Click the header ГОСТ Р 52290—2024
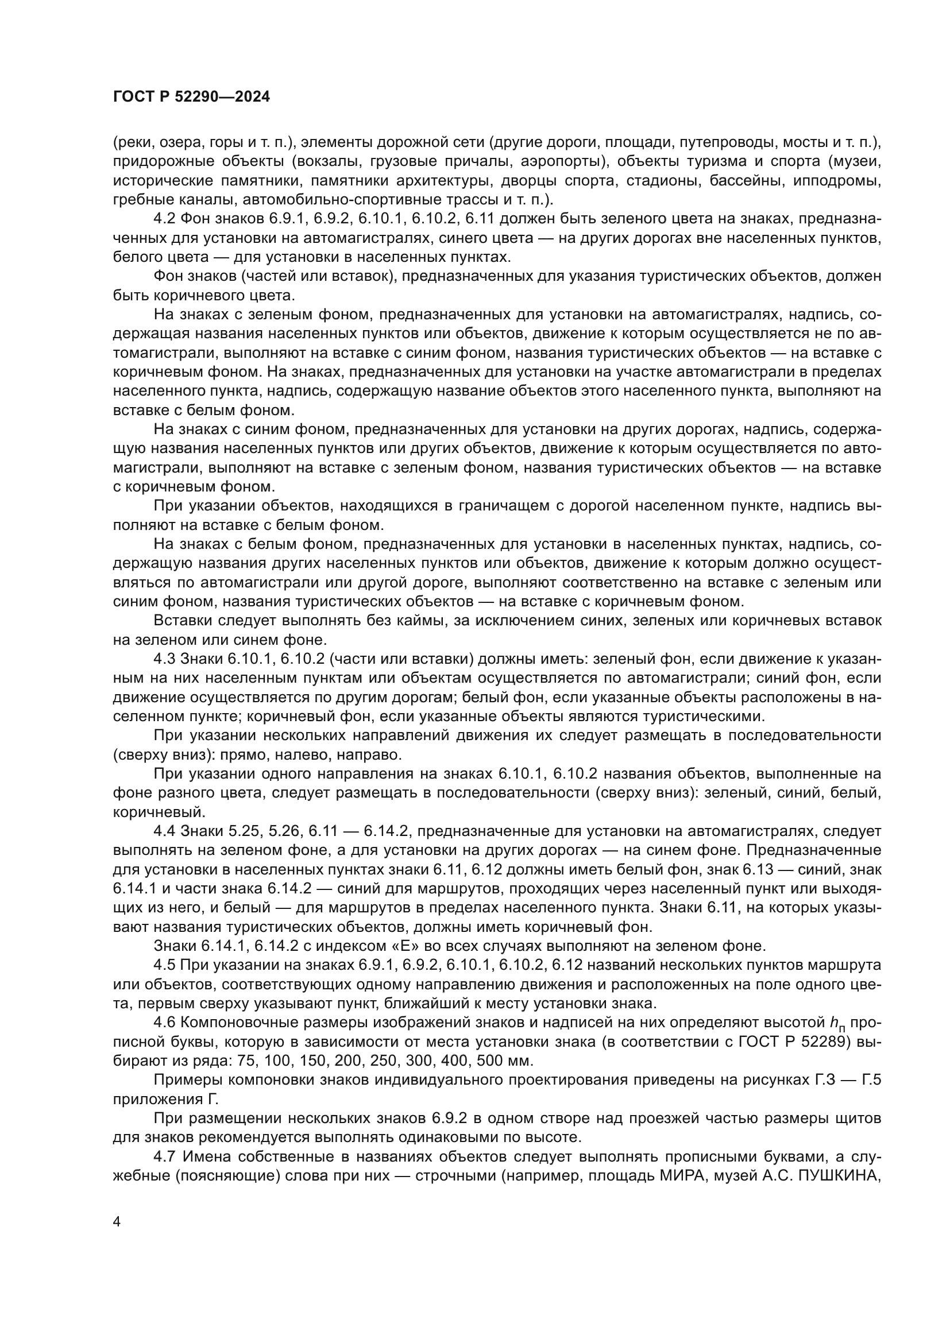coord(191,97)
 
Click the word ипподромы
coord(837,180)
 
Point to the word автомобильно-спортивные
coord(338,199)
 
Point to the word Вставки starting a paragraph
coord(183,621)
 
